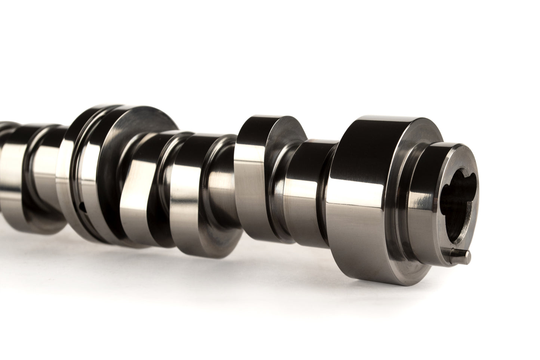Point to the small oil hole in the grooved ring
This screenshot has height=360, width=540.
pyautogui.click(x=83, y=205)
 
